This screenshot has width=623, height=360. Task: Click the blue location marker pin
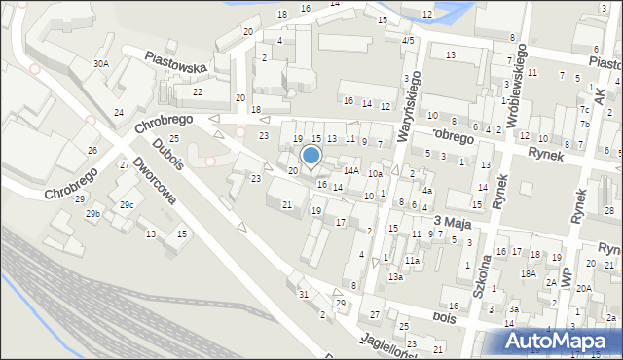tap(311, 156)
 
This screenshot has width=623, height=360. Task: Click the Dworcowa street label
tap(155, 181)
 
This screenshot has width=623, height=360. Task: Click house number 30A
tap(100, 63)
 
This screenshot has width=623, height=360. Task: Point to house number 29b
tap(92, 213)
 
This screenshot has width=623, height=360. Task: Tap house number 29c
tap(127, 205)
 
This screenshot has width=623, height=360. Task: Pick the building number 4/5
tap(408, 40)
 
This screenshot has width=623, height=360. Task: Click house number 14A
tap(351, 170)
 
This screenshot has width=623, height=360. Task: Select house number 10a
tap(375, 174)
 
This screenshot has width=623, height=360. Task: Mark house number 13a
tap(394, 277)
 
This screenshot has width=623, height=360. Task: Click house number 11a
tap(412, 261)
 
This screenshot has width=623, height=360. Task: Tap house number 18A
tap(528, 274)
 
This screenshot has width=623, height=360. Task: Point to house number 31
tap(304, 294)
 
